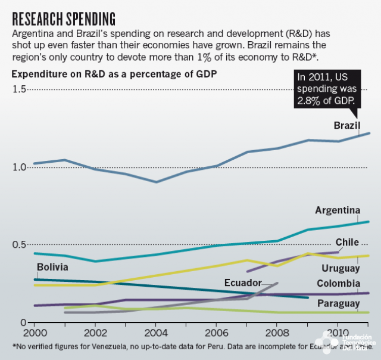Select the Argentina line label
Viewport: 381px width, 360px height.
click(x=338, y=210)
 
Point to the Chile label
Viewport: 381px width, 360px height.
click(x=347, y=242)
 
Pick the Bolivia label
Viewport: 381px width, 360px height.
click(x=52, y=267)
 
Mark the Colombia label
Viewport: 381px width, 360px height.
click(x=338, y=283)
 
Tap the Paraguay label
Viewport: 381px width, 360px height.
click(x=338, y=303)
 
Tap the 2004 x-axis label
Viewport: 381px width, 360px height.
click(x=156, y=332)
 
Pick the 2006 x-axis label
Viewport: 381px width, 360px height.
click(x=217, y=332)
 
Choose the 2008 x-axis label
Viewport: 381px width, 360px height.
click(x=277, y=332)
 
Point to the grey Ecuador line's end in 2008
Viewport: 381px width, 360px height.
click(x=277, y=283)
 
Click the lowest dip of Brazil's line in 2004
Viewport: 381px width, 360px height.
click(x=156, y=182)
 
